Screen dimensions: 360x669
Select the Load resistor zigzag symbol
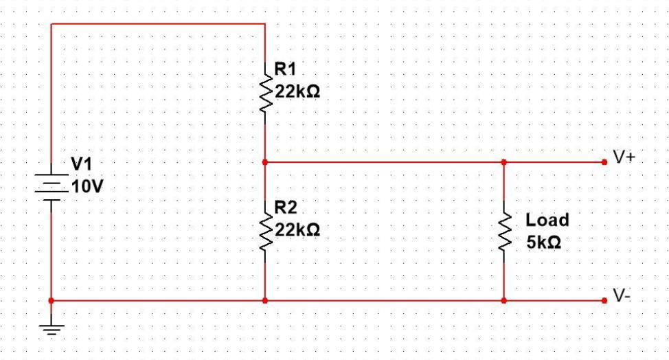click(x=504, y=232)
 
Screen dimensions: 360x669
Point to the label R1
click(x=286, y=69)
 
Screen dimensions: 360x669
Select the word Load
click(x=547, y=221)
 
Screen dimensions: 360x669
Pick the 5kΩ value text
click(x=544, y=243)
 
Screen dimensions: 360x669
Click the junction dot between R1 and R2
click(x=265, y=163)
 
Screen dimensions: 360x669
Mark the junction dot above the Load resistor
click(x=504, y=162)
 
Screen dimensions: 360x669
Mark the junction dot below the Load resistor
click(x=504, y=301)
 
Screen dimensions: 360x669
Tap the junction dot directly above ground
click(x=52, y=301)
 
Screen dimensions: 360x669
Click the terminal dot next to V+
click(x=604, y=162)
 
